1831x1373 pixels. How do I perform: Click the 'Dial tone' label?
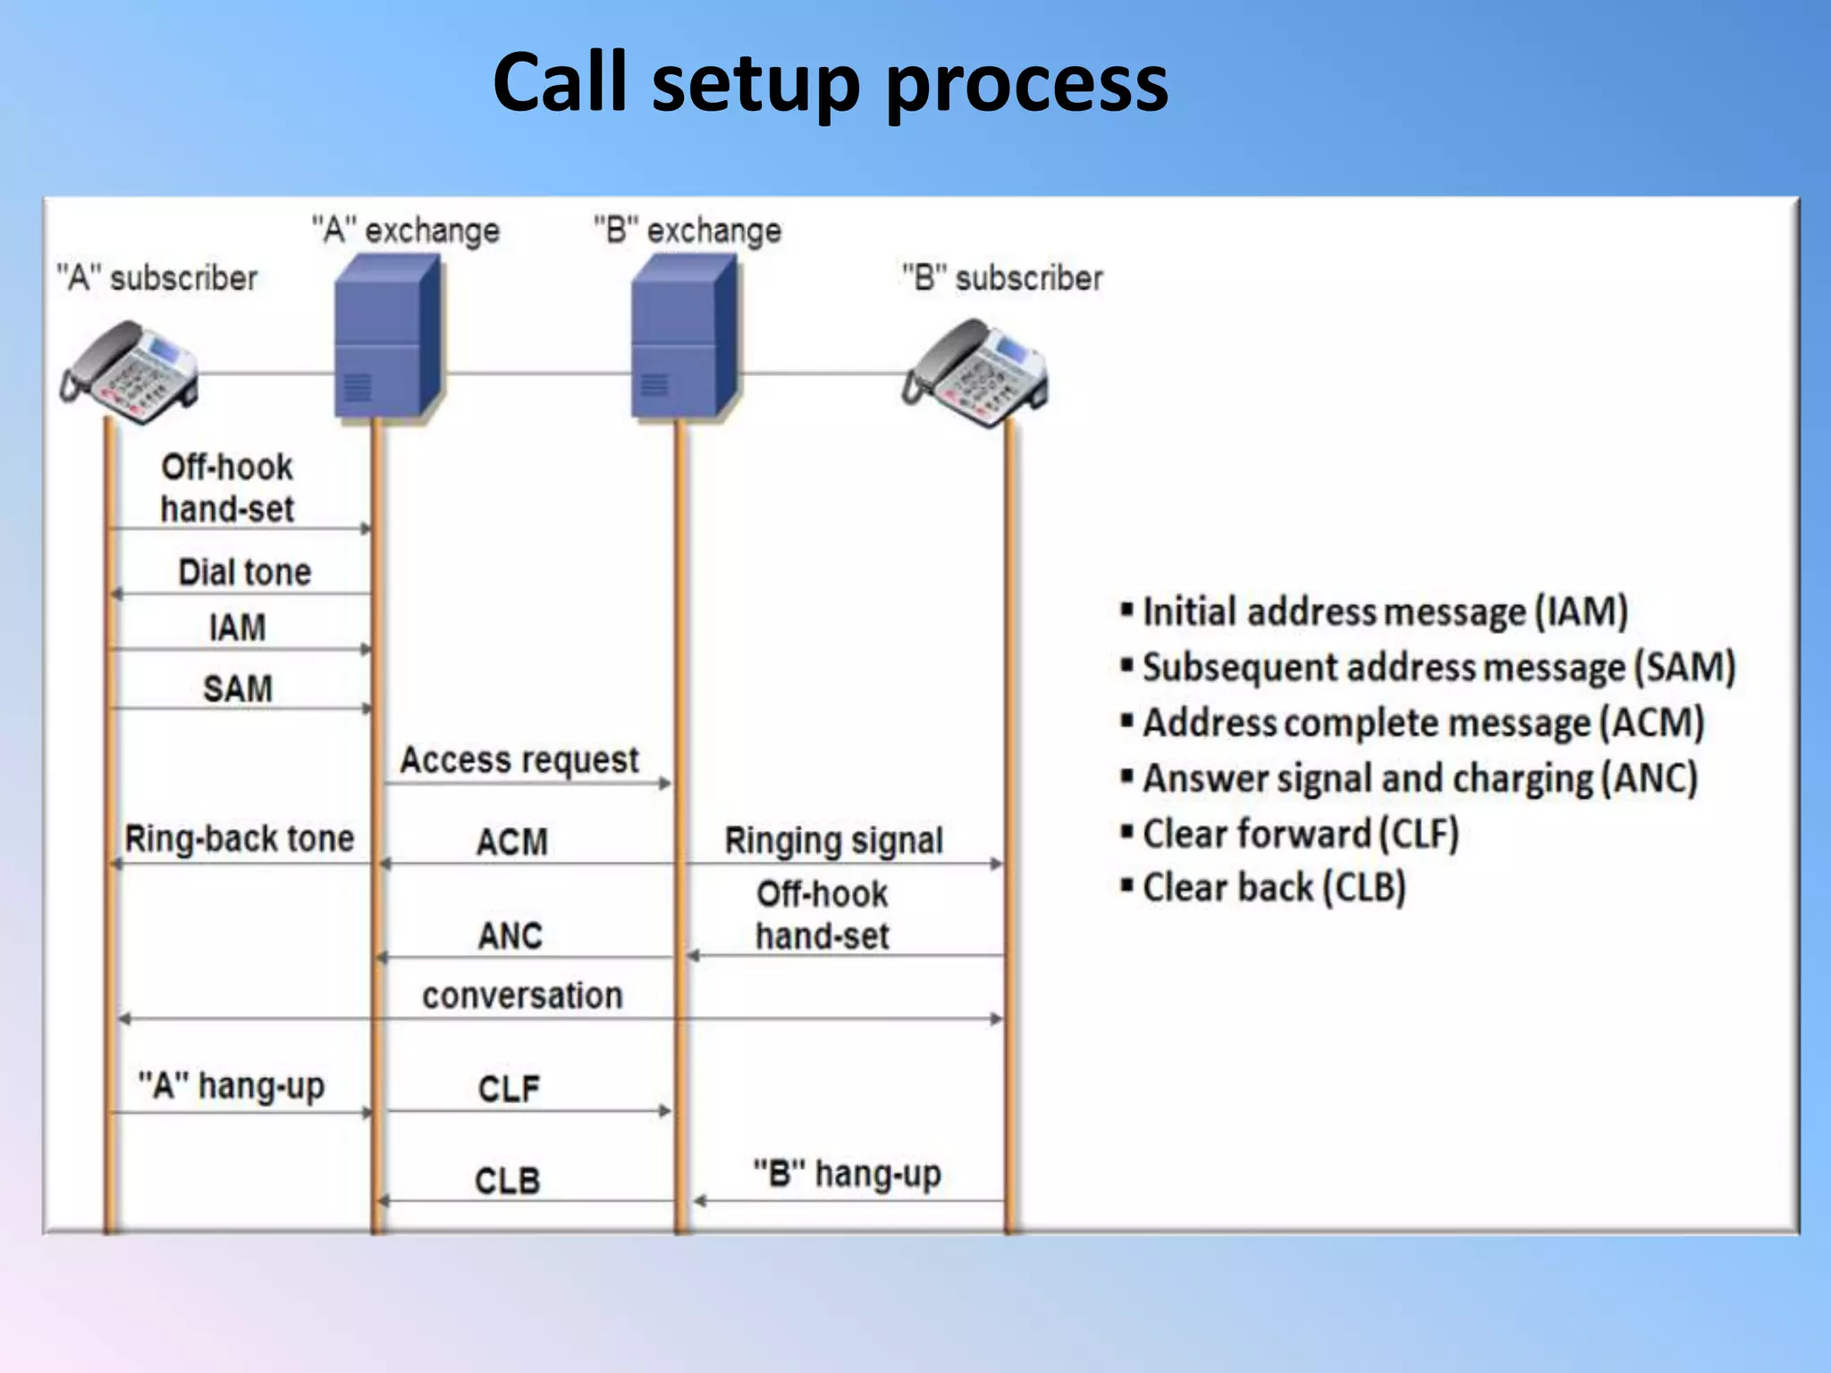[244, 572]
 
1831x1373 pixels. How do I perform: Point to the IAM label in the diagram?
[237, 628]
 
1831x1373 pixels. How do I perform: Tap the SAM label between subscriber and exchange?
[237, 688]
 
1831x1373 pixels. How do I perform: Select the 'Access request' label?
[519, 760]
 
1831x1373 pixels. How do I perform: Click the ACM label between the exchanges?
[511, 842]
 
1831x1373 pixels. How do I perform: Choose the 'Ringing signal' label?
[833, 840]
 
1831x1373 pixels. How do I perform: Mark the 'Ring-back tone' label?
[239, 838]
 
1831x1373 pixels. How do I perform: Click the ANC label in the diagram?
[510, 936]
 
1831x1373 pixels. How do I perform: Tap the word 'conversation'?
[522, 995]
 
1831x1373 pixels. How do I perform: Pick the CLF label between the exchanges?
[509, 1089]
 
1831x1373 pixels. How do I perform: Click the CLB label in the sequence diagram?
[507, 1181]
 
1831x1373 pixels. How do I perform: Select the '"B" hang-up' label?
[847, 1174]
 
